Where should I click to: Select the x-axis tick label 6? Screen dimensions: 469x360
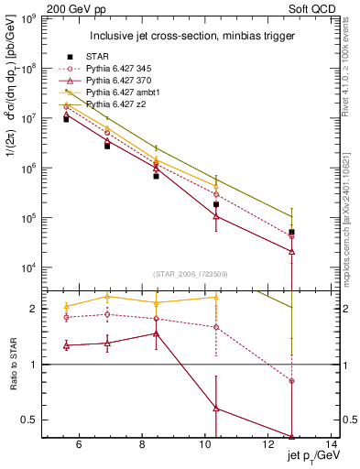click(79, 446)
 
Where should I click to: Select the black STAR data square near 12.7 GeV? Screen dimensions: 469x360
click(291, 233)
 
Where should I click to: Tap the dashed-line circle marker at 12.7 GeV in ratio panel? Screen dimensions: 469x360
click(291, 381)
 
